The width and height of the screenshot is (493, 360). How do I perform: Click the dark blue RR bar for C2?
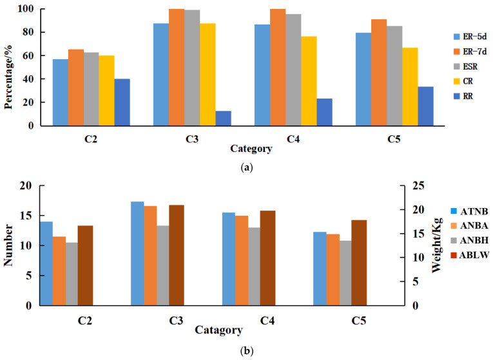122,102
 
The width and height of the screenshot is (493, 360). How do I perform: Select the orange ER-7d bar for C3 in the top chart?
177,68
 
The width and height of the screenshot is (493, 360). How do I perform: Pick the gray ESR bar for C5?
394,76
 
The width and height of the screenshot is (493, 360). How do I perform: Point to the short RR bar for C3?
223,118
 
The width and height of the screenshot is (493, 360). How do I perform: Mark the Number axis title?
10,245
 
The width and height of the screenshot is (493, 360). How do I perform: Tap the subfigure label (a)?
246,167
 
